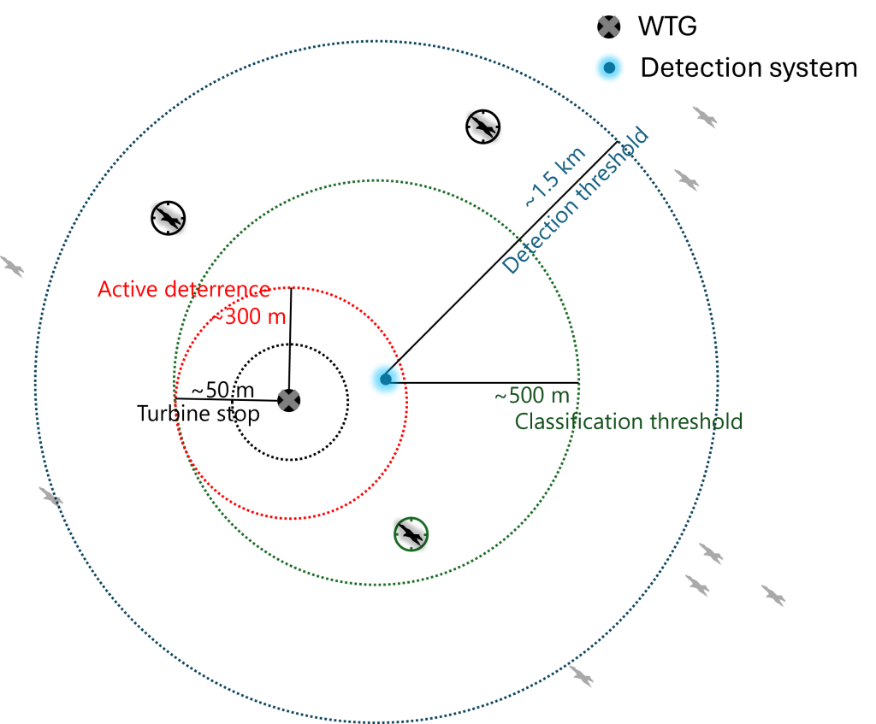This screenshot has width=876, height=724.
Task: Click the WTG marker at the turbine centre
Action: click(289, 400)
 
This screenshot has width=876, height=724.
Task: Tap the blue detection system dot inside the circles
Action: click(386, 380)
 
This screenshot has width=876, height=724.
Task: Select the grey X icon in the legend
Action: click(608, 26)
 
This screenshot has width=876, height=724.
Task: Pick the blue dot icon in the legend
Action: click(609, 68)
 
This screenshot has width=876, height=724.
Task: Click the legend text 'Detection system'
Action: click(749, 68)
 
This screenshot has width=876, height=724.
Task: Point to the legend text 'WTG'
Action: click(667, 26)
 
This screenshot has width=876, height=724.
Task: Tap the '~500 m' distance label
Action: click(532, 395)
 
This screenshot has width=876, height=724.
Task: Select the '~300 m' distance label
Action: click(249, 316)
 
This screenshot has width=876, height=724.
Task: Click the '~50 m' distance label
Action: click(222, 390)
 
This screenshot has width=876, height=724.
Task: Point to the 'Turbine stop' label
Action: click(198, 414)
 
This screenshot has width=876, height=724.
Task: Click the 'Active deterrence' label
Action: click(184, 289)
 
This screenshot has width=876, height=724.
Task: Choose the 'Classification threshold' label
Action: click(629, 421)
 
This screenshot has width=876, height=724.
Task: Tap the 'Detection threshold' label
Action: click(576, 200)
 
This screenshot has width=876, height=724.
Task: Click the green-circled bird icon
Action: click(411, 534)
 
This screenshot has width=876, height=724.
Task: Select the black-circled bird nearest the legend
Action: click(482, 127)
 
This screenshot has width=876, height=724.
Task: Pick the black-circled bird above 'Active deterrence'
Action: click(169, 218)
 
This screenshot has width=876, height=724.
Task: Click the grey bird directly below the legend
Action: click(705, 117)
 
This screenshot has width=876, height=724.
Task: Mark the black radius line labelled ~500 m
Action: click(482, 383)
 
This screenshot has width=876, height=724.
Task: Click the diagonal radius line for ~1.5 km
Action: click(501, 260)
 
